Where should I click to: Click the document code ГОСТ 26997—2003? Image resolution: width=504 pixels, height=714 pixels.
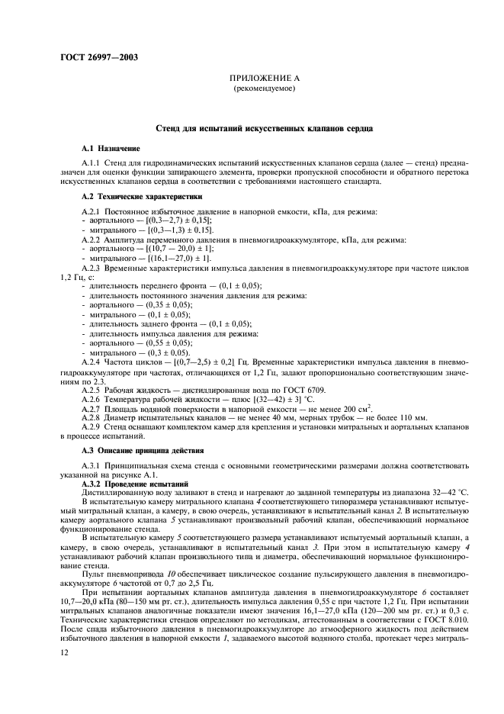coord(96,56)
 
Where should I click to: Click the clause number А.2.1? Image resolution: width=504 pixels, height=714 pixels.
coord(92,210)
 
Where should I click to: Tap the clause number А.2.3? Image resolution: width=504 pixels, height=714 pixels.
coord(92,268)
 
